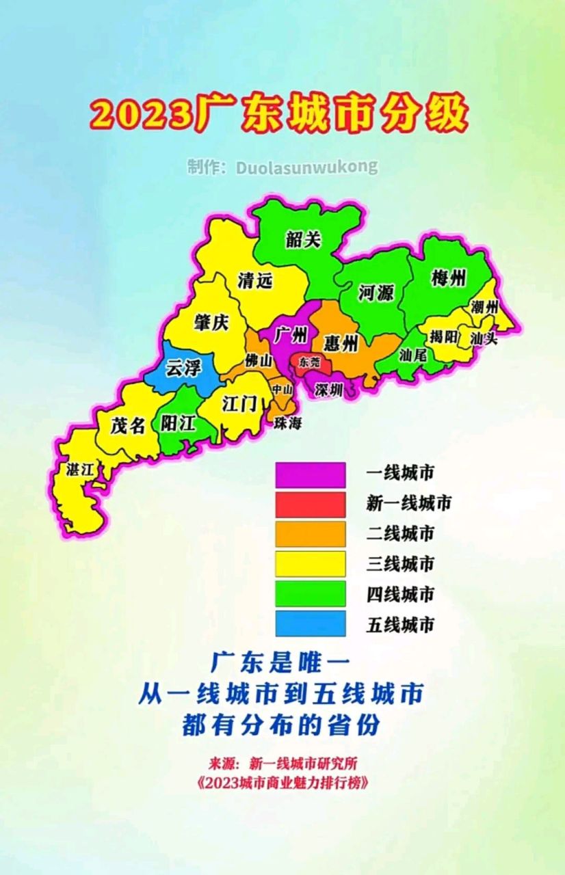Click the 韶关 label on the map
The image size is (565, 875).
tap(304, 239)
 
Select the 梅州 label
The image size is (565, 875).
tap(449, 278)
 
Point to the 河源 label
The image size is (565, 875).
tap(376, 293)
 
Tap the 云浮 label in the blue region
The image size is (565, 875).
tap(184, 369)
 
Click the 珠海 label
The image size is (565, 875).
tap(288, 424)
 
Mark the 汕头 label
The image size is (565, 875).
tap(483, 337)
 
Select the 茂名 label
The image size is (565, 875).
tap(128, 425)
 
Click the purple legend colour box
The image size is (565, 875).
tap(311, 474)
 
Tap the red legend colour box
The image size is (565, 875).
tap(311, 504)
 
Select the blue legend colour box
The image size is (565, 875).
tap(311, 623)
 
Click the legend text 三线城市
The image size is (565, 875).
tap(401, 564)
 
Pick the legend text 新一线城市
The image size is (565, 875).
tap(409, 504)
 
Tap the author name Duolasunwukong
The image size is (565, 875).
tap(307, 167)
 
